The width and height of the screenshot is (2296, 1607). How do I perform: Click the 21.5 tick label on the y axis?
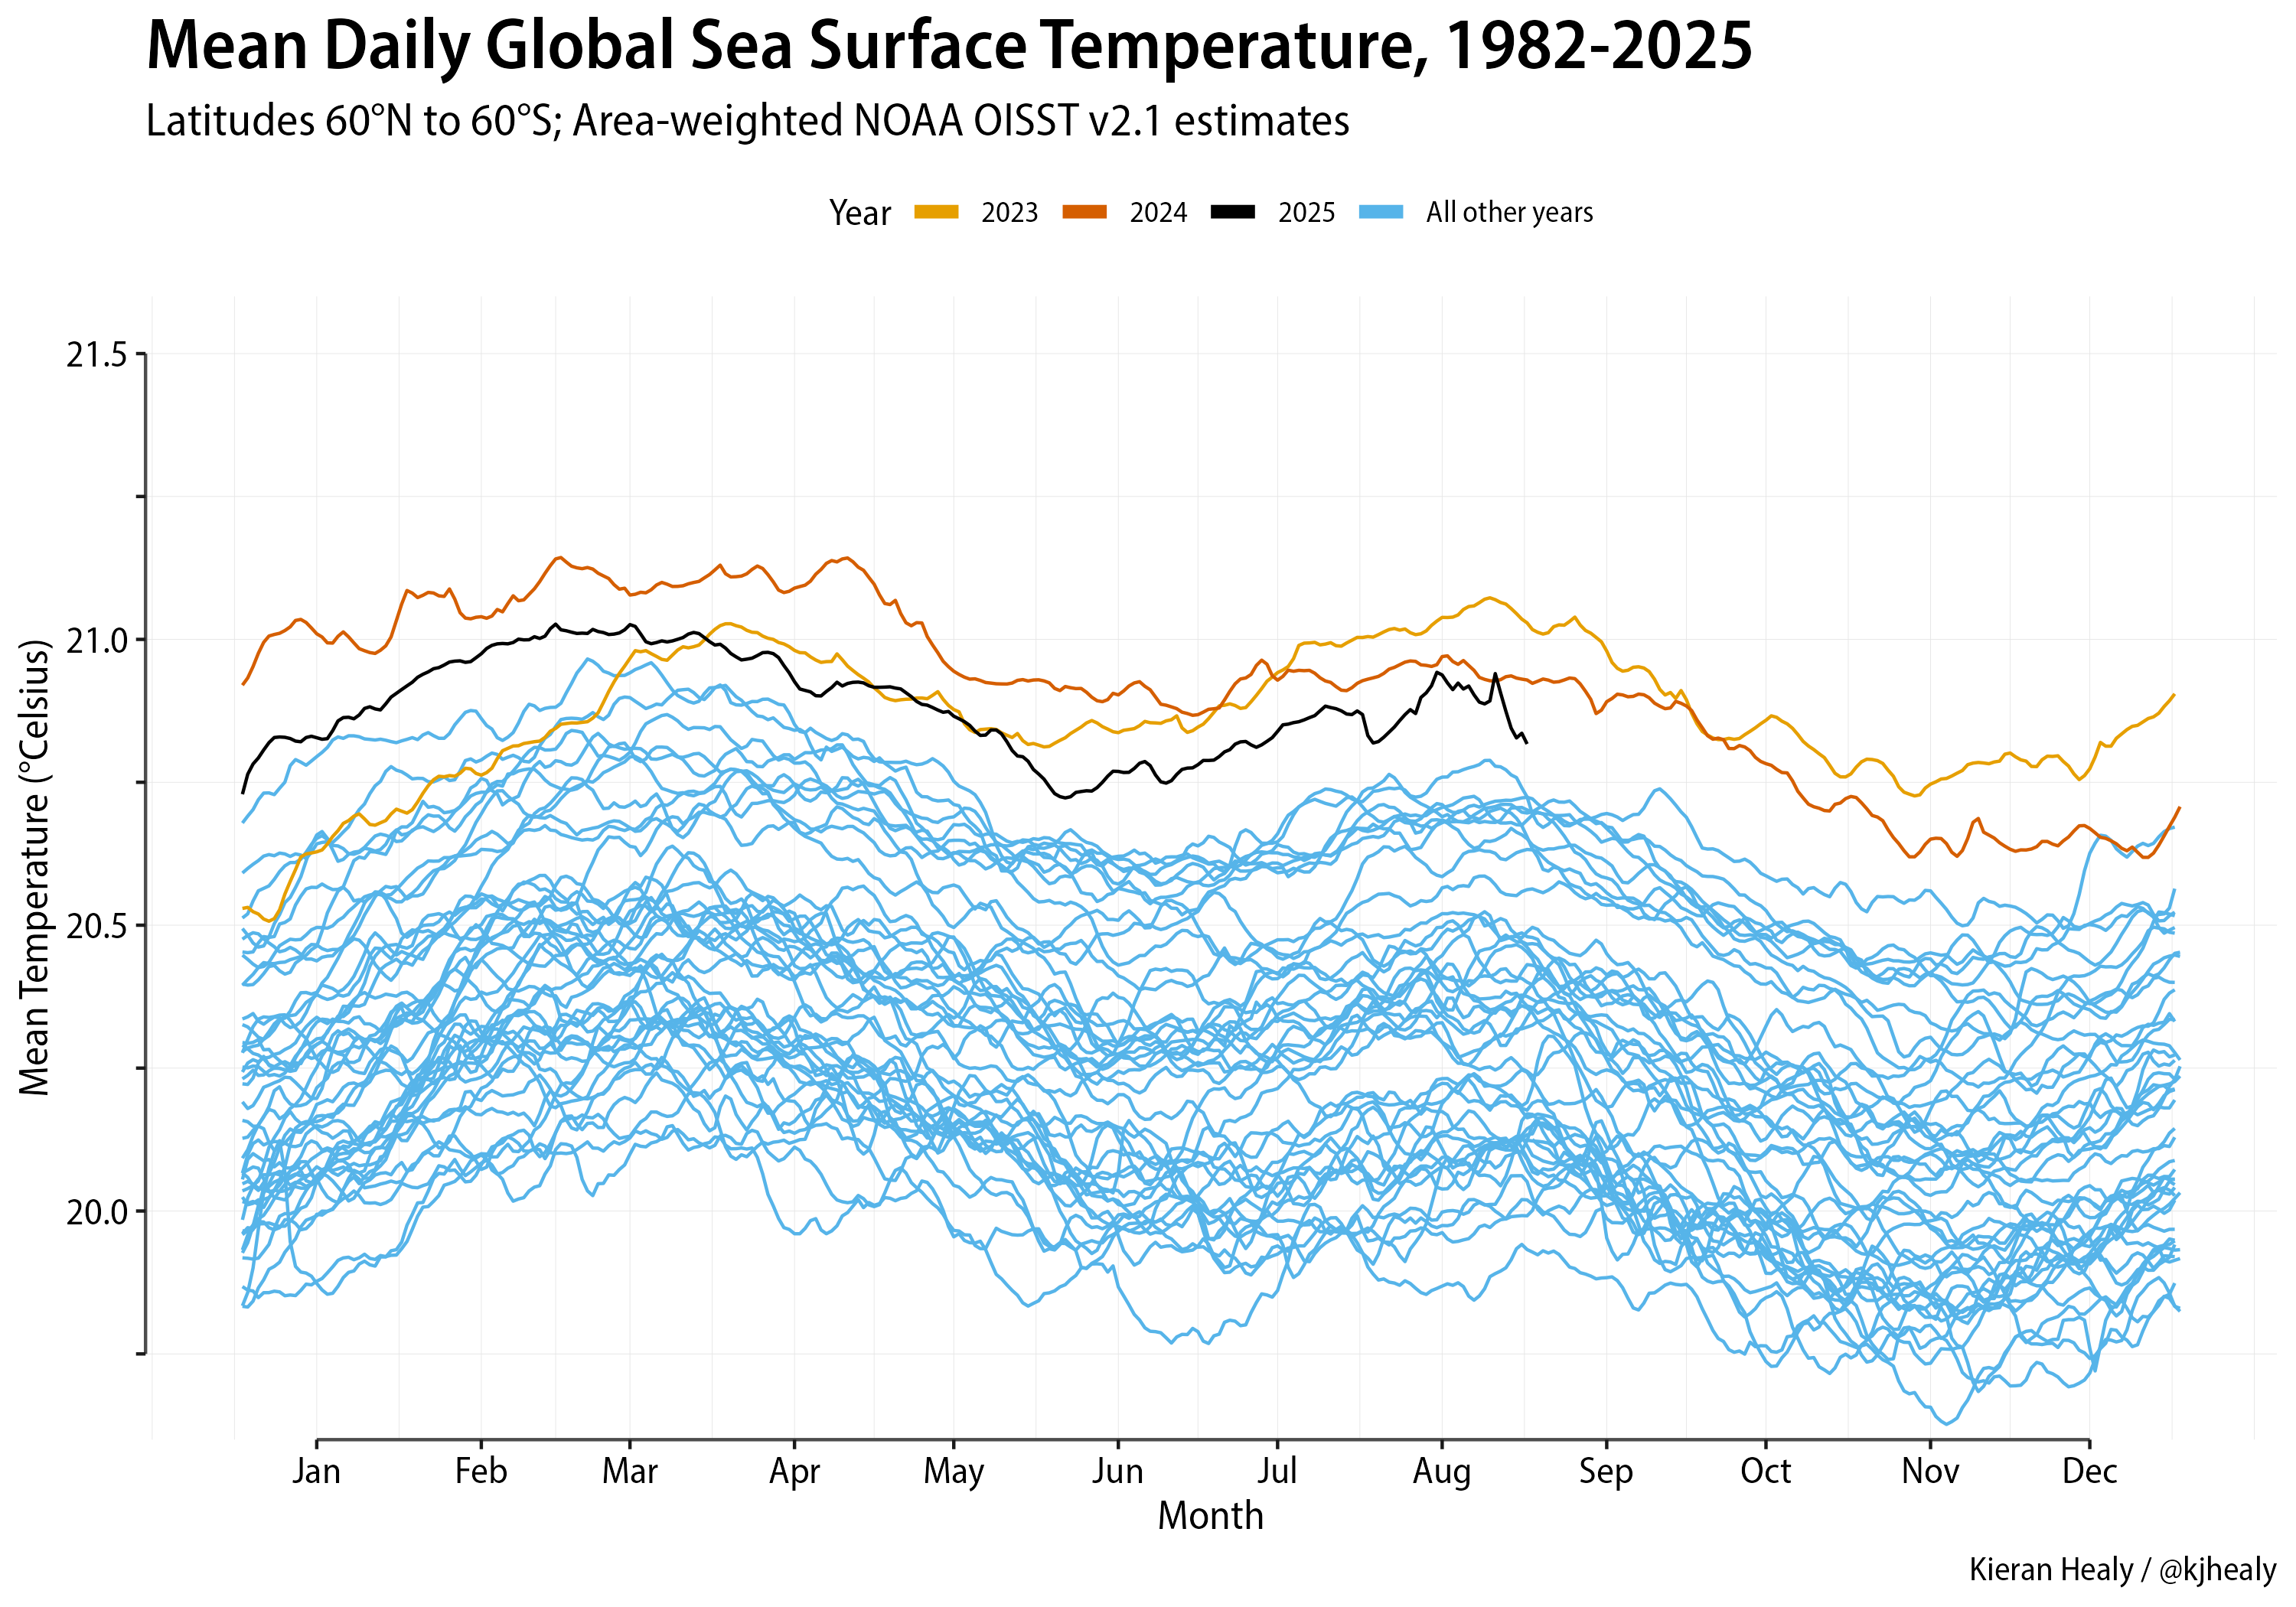97,355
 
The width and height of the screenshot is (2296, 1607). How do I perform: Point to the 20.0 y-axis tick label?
97,1212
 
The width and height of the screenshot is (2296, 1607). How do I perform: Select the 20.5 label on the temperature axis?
97,926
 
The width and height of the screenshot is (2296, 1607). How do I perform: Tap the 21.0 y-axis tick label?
97,641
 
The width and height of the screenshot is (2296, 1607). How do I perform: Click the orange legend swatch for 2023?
936,212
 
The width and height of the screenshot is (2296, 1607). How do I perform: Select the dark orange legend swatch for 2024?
1084,212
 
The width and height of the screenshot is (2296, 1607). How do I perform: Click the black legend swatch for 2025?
1232,212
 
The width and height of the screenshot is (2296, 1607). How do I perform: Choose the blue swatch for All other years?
1381,212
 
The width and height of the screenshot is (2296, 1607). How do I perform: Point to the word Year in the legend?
859,213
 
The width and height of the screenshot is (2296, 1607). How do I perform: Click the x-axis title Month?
1210,1516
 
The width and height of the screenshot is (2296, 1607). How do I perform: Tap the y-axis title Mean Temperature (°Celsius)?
35,868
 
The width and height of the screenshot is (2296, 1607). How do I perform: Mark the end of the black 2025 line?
1526,742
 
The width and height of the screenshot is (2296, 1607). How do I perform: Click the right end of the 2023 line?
2174,694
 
